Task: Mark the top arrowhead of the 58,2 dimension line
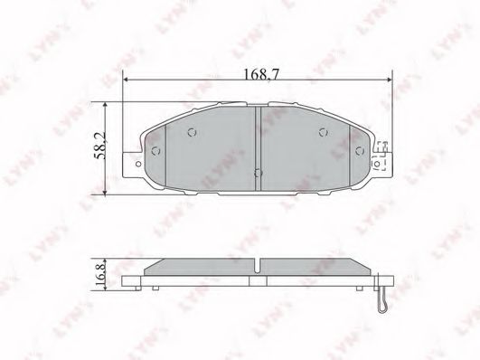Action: (108, 106)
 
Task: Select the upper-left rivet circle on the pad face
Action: (192, 132)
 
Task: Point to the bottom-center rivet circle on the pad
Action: (259, 171)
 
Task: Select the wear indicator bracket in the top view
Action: (383, 156)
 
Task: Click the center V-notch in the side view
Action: (259, 265)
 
